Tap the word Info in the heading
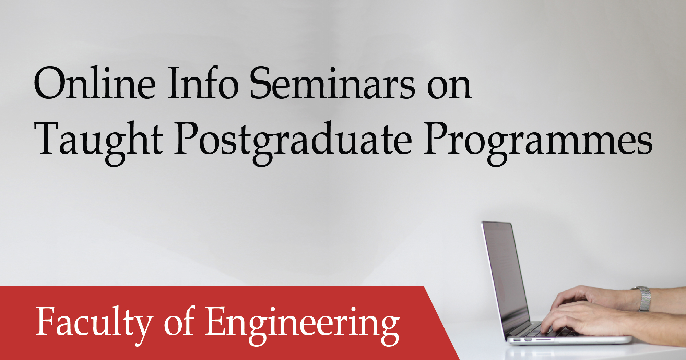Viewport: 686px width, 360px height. point(203,83)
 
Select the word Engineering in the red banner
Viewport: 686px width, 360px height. point(302,324)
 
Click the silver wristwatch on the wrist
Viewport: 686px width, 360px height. point(644,298)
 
